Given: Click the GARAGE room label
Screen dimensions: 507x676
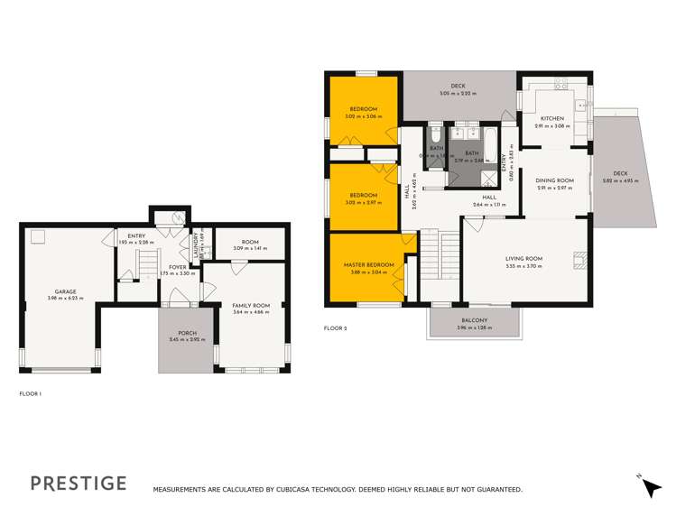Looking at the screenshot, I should (65, 291).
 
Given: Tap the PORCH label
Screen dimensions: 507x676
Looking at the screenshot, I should (187, 333).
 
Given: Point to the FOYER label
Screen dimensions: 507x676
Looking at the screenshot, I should (177, 267).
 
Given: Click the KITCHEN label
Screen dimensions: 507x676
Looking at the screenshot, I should (551, 119).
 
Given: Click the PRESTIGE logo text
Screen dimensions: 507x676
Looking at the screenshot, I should (79, 483).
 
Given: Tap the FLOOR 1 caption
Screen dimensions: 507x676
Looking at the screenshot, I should (31, 393).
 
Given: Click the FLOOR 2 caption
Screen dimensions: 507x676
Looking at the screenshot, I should (335, 328).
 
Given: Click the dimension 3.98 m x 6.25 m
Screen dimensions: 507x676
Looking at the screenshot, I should (65, 298).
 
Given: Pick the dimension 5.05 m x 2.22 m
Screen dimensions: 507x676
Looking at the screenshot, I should (457, 93).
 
